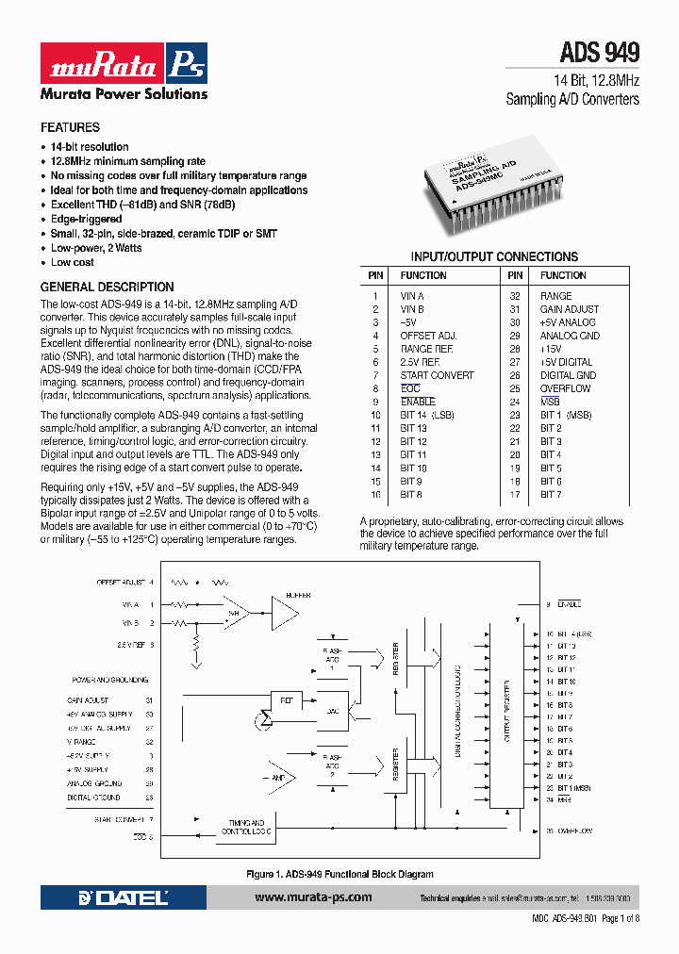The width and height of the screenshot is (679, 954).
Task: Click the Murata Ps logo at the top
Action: coord(123,63)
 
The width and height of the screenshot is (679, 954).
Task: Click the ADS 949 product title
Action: coord(600,52)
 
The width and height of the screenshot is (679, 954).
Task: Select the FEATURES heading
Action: coord(70,127)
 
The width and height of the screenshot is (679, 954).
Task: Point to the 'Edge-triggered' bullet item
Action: coord(86,219)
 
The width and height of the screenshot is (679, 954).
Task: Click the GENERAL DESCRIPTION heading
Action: coord(107,287)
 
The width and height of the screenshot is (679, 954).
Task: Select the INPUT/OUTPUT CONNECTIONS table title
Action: coord(494,256)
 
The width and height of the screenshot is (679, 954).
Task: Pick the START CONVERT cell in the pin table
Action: coord(437,375)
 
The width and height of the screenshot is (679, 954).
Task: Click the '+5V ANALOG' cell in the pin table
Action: coord(568,322)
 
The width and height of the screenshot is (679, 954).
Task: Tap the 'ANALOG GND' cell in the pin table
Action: coord(570,336)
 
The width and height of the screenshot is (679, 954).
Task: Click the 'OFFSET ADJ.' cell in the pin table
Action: coord(428,336)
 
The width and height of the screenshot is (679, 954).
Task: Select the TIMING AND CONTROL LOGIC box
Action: coord(247,827)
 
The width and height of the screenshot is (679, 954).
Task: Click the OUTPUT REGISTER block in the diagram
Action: coord(507,716)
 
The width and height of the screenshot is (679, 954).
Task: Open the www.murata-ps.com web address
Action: coord(313,898)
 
